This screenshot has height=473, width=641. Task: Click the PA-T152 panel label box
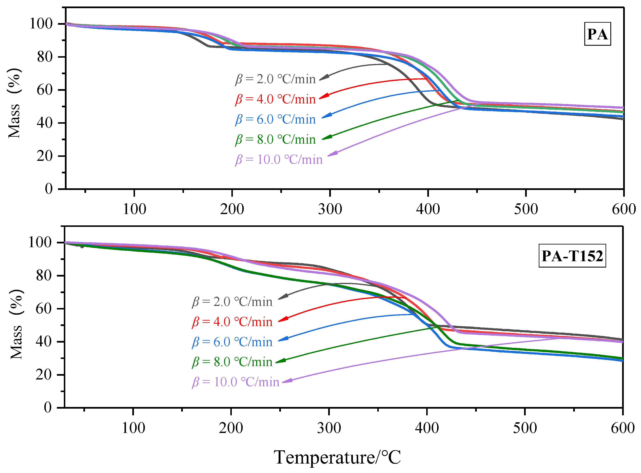point(572,256)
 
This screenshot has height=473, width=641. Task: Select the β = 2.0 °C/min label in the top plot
point(275,79)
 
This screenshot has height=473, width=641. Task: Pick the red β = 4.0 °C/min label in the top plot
point(275,99)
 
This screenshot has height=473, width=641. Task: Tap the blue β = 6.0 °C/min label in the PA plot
point(275,119)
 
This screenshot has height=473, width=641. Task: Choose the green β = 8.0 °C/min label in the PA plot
point(275,139)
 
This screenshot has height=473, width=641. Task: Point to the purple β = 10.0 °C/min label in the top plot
point(279,160)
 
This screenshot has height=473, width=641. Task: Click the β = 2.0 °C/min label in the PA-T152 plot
point(232,302)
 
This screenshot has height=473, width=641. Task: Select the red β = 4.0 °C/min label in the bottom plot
point(232,322)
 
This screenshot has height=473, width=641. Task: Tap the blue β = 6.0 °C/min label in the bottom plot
point(232,342)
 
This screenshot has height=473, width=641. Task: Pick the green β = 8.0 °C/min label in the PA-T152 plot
point(232,362)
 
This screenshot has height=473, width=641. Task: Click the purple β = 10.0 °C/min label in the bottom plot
point(235,382)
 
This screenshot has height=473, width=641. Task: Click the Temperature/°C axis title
point(337,457)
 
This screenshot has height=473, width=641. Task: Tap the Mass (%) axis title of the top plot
point(14,103)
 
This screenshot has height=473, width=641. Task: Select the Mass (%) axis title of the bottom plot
point(16,324)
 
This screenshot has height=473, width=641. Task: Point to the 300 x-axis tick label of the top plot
point(330,209)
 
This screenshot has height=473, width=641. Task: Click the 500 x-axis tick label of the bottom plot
point(525,428)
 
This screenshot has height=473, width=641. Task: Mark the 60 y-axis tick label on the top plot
point(45,90)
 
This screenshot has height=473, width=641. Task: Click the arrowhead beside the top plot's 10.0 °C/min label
point(333,154)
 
